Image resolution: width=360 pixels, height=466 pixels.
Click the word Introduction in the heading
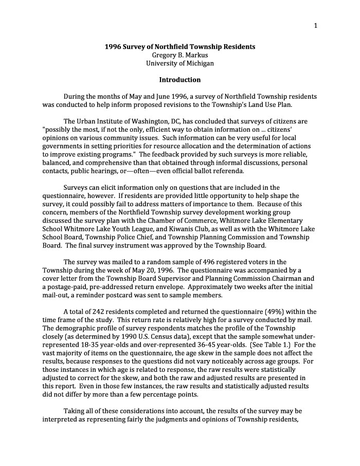[179, 80]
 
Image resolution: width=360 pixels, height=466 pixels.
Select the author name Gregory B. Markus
[179, 55]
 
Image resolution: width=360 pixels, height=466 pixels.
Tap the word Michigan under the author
[198, 63]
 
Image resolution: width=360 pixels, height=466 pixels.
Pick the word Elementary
[285, 220]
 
